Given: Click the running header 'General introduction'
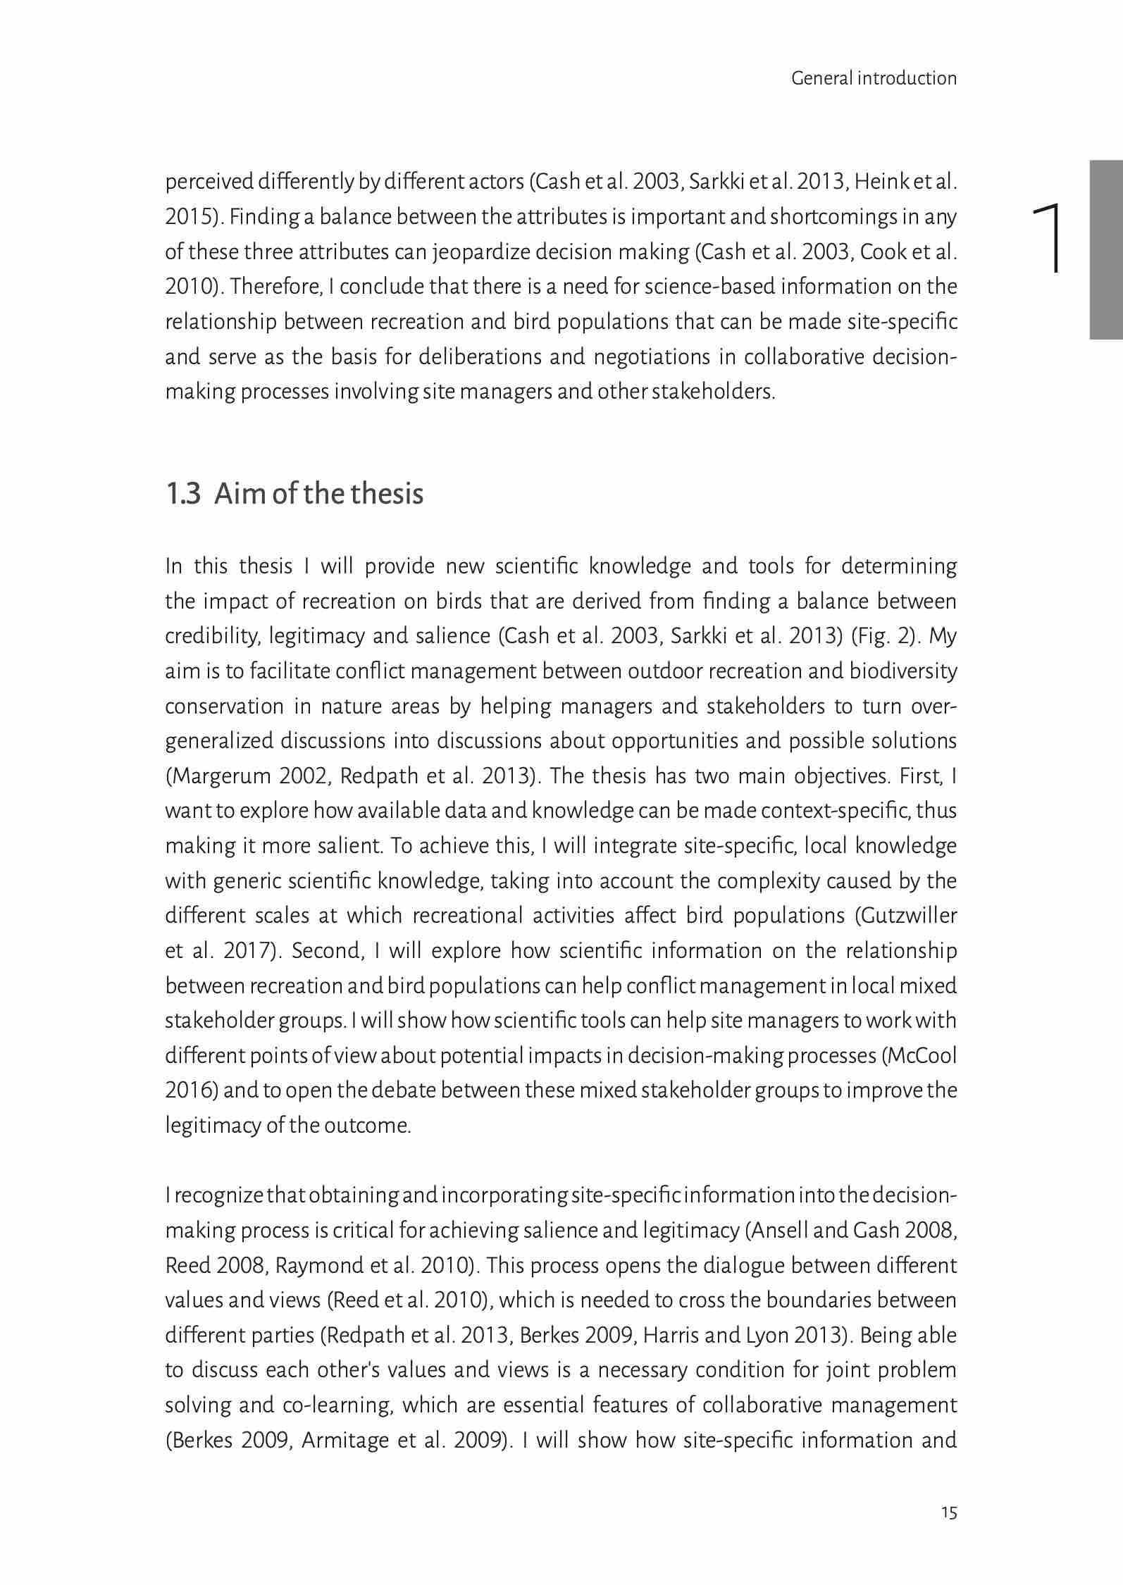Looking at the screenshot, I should point(874,78).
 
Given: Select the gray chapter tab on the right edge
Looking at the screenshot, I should point(1106,250).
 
